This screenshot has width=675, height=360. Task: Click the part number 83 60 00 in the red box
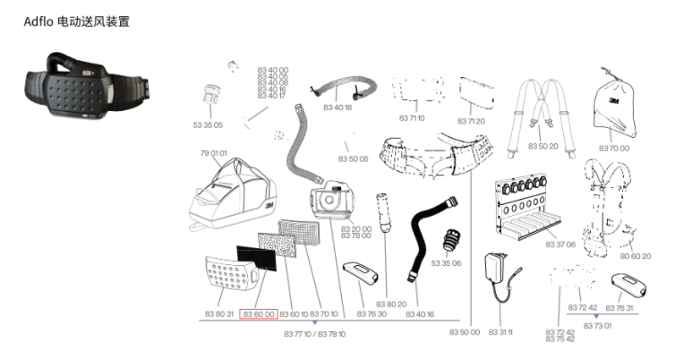pyautogui.click(x=258, y=314)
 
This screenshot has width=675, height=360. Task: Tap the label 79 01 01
pyautogui.click(x=213, y=153)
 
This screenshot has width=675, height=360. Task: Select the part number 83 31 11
pyautogui.click(x=500, y=332)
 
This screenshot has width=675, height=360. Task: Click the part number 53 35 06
pyautogui.click(x=446, y=263)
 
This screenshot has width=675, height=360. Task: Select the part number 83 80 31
pyautogui.click(x=218, y=314)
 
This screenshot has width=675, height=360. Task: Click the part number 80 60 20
pyautogui.click(x=635, y=256)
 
